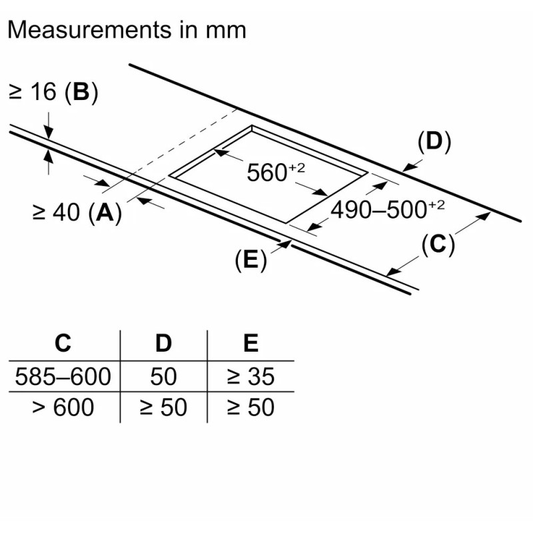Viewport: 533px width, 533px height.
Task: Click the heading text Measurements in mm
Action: (x=127, y=30)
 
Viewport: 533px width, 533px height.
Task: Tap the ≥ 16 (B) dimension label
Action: (x=53, y=92)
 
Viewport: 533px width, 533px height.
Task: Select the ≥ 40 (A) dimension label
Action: (x=77, y=213)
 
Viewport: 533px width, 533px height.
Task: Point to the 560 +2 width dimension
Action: (x=276, y=172)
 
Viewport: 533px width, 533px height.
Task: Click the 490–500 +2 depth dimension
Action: (x=388, y=209)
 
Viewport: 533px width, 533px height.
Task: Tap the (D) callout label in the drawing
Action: (x=434, y=142)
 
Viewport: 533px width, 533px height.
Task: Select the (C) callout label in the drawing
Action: (x=438, y=245)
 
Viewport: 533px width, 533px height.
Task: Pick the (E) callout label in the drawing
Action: (x=251, y=260)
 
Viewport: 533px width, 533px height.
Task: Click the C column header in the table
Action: (x=63, y=343)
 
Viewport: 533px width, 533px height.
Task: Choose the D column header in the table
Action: (x=163, y=343)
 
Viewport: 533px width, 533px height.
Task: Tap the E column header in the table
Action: (x=251, y=343)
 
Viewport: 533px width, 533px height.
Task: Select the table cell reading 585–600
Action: (x=63, y=376)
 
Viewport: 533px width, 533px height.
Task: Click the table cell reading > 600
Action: (x=63, y=407)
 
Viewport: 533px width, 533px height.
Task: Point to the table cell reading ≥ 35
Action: (x=251, y=376)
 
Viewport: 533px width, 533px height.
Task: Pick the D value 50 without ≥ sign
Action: (x=163, y=376)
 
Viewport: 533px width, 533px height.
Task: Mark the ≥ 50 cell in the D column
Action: (x=163, y=407)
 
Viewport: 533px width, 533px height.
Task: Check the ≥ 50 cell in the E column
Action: (x=251, y=407)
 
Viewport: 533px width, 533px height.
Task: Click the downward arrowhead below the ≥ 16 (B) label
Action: (x=49, y=133)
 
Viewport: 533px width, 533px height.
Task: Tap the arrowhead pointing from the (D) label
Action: (x=408, y=167)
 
